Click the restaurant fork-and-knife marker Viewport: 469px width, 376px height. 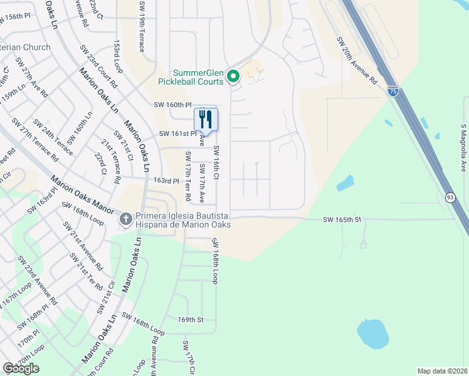pyautogui.click(x=206, y=118)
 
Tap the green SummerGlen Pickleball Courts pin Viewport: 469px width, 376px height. pyautogui.click(x=233, y=76)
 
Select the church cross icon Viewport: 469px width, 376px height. pyautogui.click(x=125, y=219)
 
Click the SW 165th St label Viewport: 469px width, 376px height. pyautogui.click(x=342, y=219)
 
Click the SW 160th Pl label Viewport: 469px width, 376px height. pyautogui.click(x=172, y=105)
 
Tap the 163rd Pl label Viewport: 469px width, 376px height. pyautogui.click(x=167, y=180)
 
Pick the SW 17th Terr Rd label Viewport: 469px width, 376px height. pyautogui.click(x=187, y=176)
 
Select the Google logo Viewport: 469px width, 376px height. pyautogui.click(x=21, y=368)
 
